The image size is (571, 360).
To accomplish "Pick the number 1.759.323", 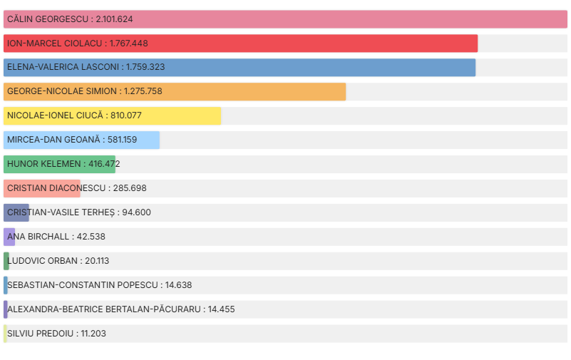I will [145, 68].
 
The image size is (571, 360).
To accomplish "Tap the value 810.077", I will [126, 116].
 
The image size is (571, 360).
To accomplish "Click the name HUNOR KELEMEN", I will [44, 165].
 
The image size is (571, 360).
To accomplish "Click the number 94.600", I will [132, 212].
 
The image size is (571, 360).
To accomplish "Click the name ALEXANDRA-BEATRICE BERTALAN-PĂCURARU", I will [103, 309].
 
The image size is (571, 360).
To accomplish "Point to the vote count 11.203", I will [93, 334].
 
